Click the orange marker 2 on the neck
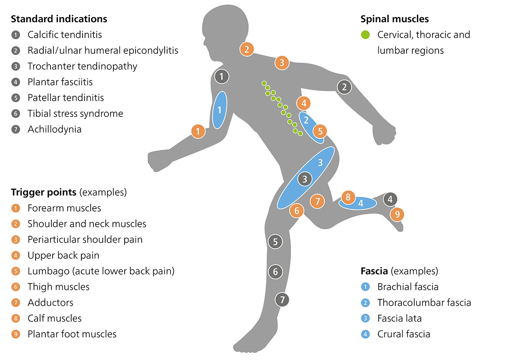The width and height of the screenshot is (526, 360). [246, 49]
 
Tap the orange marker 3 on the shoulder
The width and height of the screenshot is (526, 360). [282, 63]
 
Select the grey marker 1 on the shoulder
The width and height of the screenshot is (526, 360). [221, 76]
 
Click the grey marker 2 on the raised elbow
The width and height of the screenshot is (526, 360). [344, 87]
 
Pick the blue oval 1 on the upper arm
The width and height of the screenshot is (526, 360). [219, 110]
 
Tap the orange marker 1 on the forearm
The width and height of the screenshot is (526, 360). [198, 131]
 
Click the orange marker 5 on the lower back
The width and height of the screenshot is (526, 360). [320, 131]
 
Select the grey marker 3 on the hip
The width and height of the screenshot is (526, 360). [305, 178]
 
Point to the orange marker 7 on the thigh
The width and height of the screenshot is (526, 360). [317, 201]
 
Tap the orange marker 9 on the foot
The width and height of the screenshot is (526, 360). [397, 214]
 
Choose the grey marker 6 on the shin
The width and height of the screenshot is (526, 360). [275, 272]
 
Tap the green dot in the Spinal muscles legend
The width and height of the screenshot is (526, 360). [365, 35]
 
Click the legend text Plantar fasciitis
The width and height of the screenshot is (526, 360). [60, 82]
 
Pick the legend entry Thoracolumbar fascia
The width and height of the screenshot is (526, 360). [424, 303]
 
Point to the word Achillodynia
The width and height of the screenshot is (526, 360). [54, 129]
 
